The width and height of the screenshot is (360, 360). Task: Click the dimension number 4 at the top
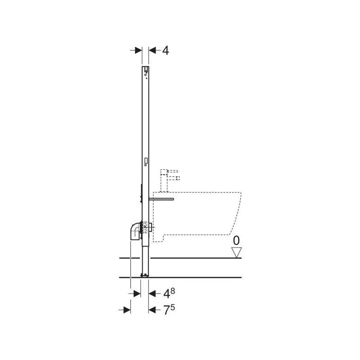[x=166, y=50]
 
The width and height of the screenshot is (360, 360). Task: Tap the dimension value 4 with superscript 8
[x=169, y=293]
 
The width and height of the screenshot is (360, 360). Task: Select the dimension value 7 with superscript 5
[x=169, y=310]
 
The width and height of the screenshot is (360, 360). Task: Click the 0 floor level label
[x=236, y=241]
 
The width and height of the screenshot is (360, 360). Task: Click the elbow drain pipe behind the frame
[x=135, y=231]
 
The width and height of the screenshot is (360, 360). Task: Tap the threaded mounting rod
[x=162, y=199]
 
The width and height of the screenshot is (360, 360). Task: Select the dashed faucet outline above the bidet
[x=170, y=180]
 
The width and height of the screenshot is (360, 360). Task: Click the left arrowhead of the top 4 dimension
[x=138, y=50]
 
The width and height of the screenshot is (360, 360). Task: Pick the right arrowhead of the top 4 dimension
[x=153, y=50]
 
